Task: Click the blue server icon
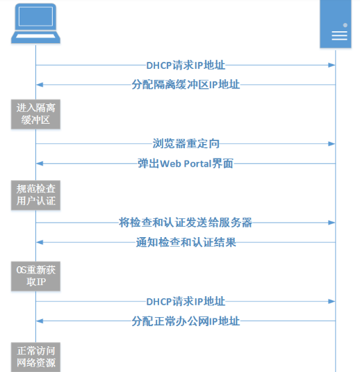point(335,24)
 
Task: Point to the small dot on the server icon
point(345,24)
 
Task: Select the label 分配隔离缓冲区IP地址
point(186,85)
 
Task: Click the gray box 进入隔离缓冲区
point(35,114)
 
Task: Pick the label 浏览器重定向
point(186,144)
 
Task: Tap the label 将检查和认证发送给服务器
point(186,223)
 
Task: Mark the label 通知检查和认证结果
point(186,242)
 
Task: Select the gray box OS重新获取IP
point(35,276)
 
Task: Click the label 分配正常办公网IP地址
point(186,321)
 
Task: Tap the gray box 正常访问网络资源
point(35,357)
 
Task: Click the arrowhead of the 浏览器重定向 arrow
point(332,144)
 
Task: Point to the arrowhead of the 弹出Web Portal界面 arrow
point(40,164)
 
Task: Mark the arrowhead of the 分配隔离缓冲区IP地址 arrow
point(40,85)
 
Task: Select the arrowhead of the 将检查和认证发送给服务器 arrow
point(332,223)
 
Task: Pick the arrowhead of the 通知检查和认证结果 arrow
point(40,242)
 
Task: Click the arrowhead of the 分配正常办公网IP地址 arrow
point(40,321)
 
